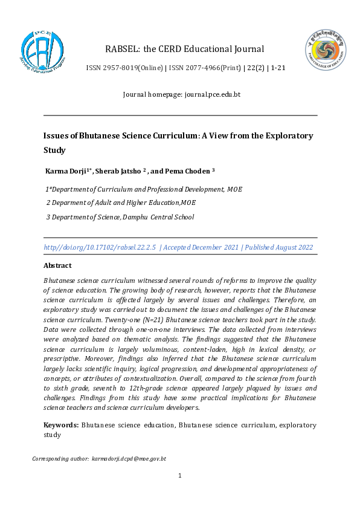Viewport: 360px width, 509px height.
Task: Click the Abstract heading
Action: pos(57,265)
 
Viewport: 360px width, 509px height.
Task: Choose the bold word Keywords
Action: pos(61,426)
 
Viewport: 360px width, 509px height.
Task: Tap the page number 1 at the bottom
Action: pos(180,476)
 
